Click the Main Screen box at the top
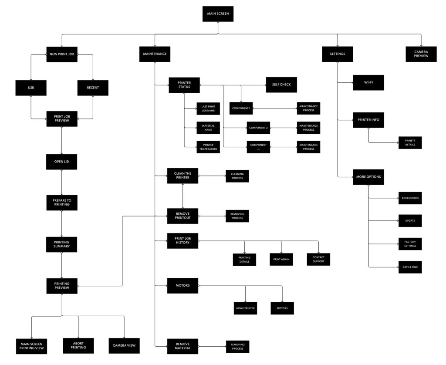click(218, 14)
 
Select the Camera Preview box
click(421, 54)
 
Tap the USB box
click(31, 88)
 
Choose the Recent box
click(93, 88)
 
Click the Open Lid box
click(61, 162)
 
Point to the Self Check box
click(281, 84)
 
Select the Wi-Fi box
click(368, 82)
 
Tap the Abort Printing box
click(78, 345)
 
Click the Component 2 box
click(258, 128)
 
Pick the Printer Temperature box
click(208, 147)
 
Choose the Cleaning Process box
click(237, 176)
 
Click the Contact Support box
click(318, 259)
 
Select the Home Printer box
click(246, 308)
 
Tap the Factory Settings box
click(410, 243)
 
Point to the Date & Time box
click(410, 267)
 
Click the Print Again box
click(281, 259)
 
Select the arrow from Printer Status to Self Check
click(233, 84)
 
